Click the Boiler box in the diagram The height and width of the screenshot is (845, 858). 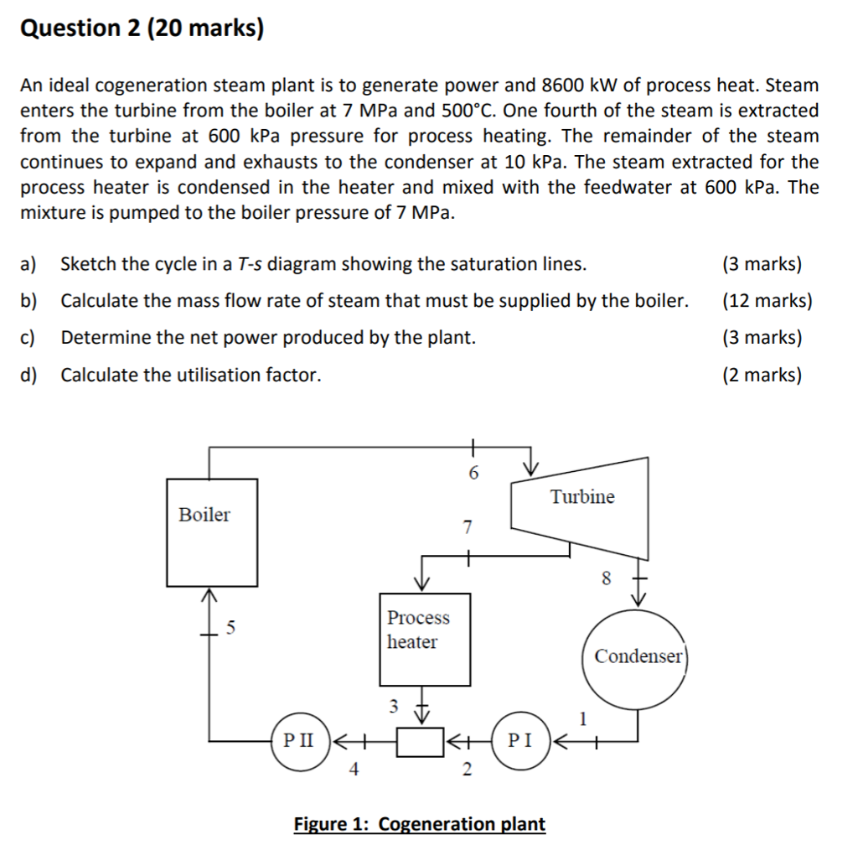[x=212, y=532]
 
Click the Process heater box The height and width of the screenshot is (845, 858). [x=424, y=639]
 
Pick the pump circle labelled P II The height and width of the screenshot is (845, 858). [x=300, y=741]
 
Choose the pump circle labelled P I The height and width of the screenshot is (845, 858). [x=519, y=741]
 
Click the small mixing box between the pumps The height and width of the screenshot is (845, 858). [x=418, y=741]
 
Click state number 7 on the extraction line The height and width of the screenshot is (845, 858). [x=468, y=527]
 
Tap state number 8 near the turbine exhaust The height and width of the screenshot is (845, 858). [x=607, y=578]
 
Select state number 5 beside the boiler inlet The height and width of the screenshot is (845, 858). [x=230, y=627]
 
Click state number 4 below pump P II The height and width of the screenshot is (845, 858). [x=354, y=768]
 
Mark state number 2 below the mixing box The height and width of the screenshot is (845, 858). [x=466, y=769]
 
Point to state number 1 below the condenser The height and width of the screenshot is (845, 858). [x=584, y=718]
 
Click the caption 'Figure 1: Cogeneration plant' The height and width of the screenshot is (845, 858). [x=419, y=823]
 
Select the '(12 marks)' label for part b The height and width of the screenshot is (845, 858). [x=766, y=301]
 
